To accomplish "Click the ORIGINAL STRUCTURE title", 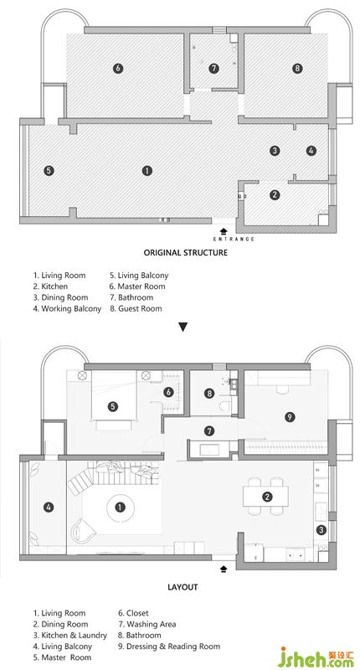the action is [x=185, y=252].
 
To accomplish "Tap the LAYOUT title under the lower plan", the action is [x=183, y=587].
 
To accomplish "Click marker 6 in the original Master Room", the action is [x=118, y=68].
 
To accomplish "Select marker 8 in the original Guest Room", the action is [x=297, y=68].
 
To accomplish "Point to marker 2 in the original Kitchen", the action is [x=275, y=195].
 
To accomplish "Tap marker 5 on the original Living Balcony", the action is [x=49, y=171].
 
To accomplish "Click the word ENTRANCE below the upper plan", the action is [x=234, y=239].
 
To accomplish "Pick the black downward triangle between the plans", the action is [x=183, y=327].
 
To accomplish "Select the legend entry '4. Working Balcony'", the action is [x=68, y=308].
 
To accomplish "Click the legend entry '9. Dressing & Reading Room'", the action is [x=169, y=646].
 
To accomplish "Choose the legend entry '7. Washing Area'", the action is [x=147, y=624].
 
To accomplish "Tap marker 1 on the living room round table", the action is [x=121, y=508].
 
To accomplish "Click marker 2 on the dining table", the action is [x=267, y=497].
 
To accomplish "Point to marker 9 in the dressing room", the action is [x=290, y=416].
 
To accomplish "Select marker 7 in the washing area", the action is [x=208, y=430].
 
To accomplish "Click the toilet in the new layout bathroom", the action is [x=225, y=405].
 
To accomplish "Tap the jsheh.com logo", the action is [x=317, y=657].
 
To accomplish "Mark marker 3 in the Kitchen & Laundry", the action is [x=321, y=530].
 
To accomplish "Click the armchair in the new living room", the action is [x=84, y=531].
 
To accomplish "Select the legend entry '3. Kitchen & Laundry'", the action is [x=70, y=636].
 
